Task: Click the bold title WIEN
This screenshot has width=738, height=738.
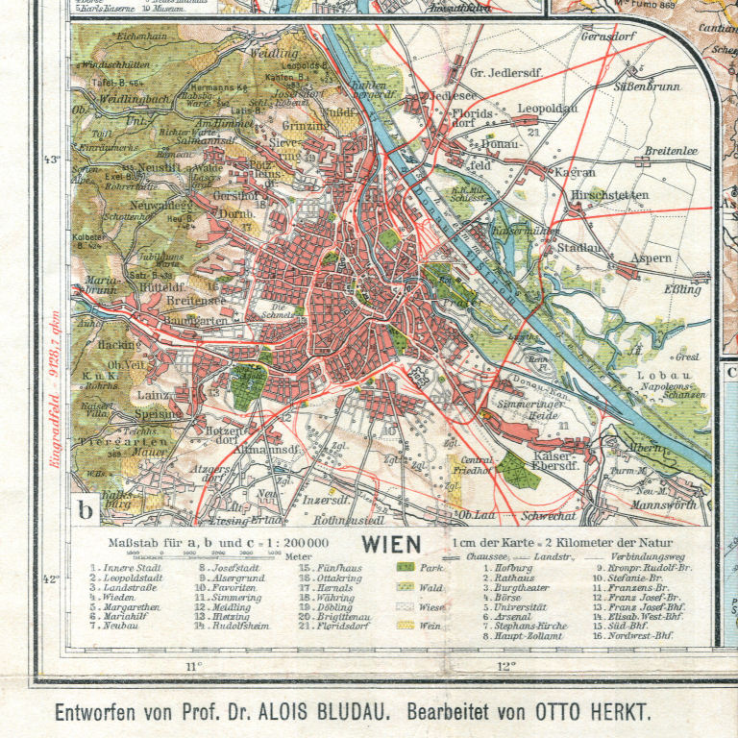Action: pos(392,544)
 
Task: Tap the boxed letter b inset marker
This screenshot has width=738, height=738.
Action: pos(86,510)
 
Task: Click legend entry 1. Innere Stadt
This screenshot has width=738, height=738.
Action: pos(128,568)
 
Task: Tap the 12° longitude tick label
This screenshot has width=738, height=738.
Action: pos(506,665)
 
